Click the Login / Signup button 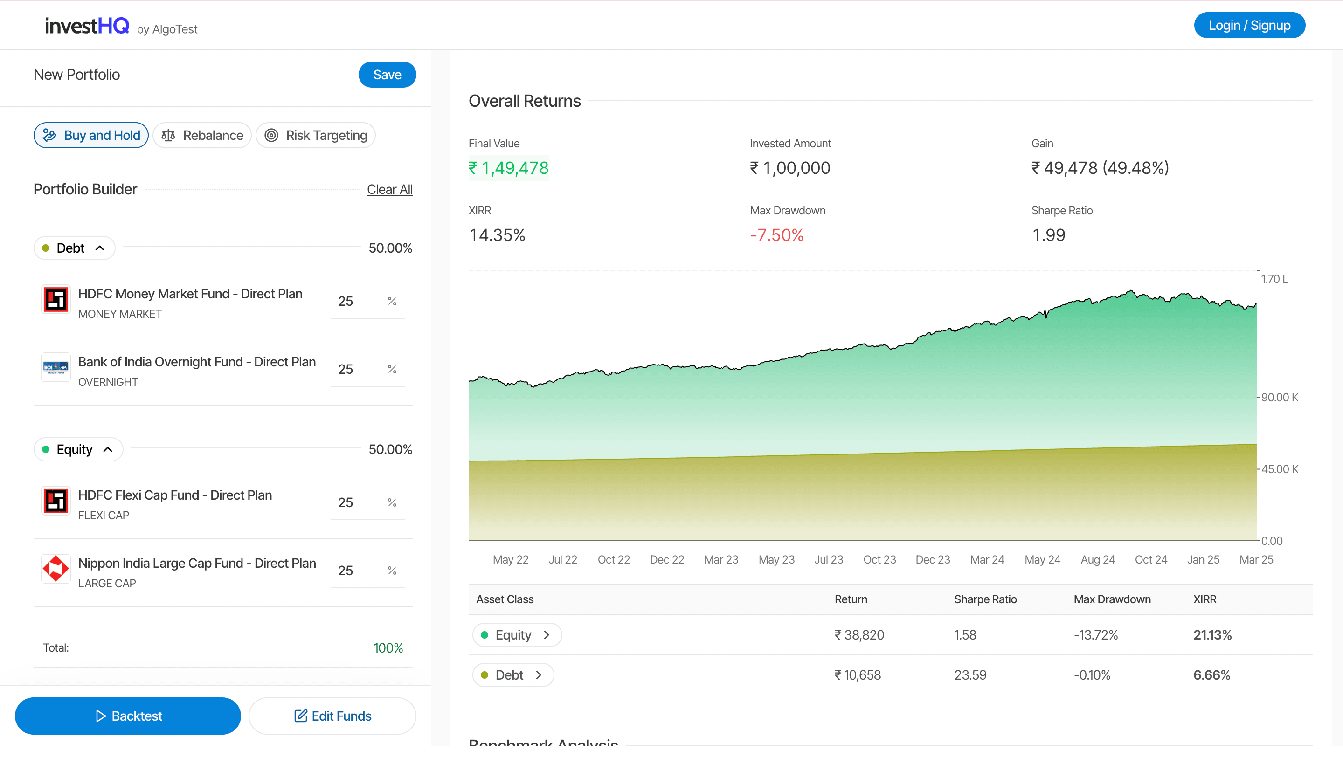(x=1249, y=25)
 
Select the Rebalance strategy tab (x=202, y=136)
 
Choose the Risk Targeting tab (x=315, y=136)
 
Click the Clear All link (x=389, y=190)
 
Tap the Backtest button (x=128, y=716)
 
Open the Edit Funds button (x=332, y=716)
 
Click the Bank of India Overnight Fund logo (x=56, y=368)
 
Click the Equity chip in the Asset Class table (x=517, y=635)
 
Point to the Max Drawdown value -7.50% (x=777, y=235)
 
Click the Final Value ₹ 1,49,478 (x=509, y=168)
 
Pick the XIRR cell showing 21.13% (x=1212, y=635)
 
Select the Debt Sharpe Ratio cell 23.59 (x=970, y=675)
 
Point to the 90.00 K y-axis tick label (x=1280, y=398)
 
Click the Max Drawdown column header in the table (x=1112, y=599)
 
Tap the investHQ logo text (x=87, y=26)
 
